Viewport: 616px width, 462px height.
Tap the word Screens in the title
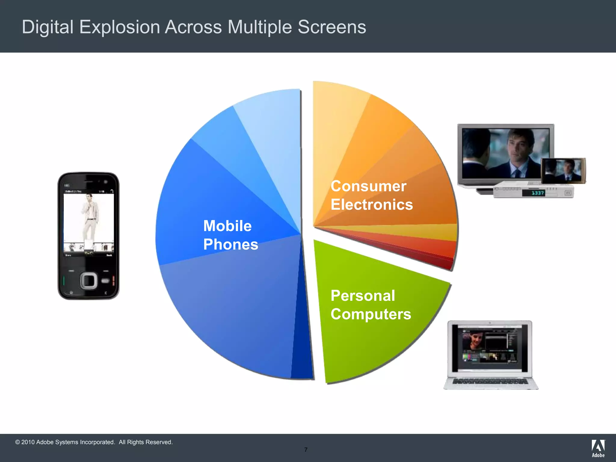332,27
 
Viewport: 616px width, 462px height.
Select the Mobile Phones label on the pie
230,235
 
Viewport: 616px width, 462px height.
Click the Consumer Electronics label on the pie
371,195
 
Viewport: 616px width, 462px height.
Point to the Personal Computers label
371,305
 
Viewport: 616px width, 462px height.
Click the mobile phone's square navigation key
88,281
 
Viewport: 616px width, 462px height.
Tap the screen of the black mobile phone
89,223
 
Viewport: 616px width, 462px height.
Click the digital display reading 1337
533,193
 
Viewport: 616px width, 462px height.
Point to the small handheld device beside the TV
563,170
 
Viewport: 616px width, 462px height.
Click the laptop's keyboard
490,381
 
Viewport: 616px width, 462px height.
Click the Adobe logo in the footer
598,448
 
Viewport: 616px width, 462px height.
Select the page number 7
306,450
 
